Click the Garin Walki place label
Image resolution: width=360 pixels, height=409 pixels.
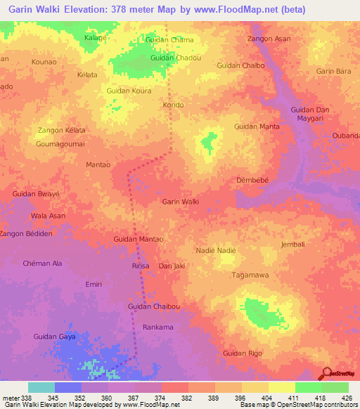pos(181,202)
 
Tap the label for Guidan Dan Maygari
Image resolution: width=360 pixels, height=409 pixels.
pos(311,115)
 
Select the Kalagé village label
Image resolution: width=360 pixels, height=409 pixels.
pos(95,37)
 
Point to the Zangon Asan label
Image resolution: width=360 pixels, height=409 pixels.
pos(269,39)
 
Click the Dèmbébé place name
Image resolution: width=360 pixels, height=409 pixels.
pos(252,179)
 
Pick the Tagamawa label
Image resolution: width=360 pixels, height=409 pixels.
pos(251,275)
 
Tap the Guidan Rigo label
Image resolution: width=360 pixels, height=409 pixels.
pos(242,353)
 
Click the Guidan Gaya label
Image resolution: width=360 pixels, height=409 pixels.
pos(54,337)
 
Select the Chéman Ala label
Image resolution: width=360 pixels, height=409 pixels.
pos(44,263)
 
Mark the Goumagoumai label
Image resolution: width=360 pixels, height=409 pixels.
pos(60,143)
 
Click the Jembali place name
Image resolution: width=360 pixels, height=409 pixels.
pos(292,245)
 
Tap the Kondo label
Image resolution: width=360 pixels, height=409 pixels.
pos(173,105)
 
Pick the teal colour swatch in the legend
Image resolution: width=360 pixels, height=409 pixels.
pos(41,387)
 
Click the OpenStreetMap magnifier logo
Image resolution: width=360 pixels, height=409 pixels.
pos(327,373)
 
